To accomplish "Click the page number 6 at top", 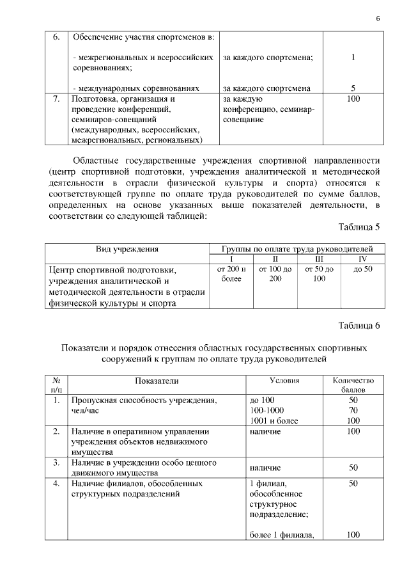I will (378, 18).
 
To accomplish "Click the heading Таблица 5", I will (359, 226).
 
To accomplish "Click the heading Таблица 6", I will (359, 326).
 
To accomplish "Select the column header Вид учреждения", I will (127, 249).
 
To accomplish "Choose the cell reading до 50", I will (362, 270).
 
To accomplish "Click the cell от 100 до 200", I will (275, 274).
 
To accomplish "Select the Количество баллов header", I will (353, 385).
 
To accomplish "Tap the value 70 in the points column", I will (353, 409).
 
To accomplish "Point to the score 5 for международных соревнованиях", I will (353, 88).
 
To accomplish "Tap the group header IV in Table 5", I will (362, 258).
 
